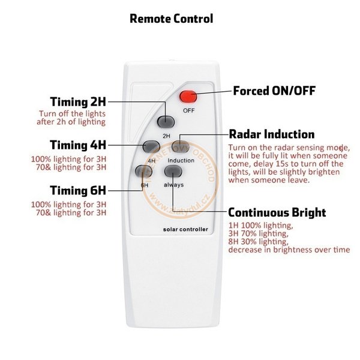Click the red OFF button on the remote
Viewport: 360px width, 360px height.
click(188, 97)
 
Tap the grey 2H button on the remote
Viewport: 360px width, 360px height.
click(166, 122)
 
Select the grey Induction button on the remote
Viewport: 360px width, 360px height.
click(181, 146)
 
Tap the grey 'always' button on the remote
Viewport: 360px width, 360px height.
click(173, 171)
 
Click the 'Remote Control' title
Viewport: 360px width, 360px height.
click(171, 19)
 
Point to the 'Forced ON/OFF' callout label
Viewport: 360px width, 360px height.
click(274, 91)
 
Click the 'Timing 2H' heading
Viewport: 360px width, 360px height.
click(78, 102)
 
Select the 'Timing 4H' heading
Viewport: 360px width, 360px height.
click(78, 145)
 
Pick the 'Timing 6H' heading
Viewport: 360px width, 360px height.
click(78, 190)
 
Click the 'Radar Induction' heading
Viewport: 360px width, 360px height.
click(272, 134)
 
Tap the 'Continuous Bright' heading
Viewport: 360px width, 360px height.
click(277, 212)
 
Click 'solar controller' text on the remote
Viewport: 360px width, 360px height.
click(185, 229)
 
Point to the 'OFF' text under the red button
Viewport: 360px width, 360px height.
click(189, 110)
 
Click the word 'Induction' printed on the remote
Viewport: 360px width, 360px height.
click(181, 160)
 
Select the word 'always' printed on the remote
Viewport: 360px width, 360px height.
click(173, 185)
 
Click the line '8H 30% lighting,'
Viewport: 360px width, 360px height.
click(258, 242)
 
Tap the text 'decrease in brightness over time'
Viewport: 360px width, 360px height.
click(289, 250)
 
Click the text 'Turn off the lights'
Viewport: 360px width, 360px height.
click(72, 113)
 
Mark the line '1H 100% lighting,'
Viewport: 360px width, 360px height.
click(260, 226)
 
